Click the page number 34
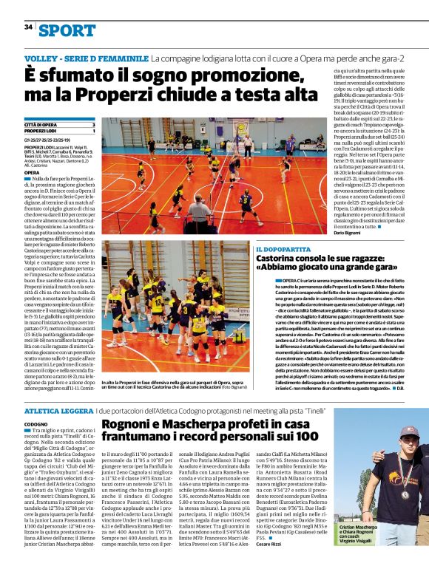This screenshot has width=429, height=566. coord(28,27)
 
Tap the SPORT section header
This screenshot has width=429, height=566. coord(67,30)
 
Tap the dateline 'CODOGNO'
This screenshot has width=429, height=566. coord(36,424)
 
